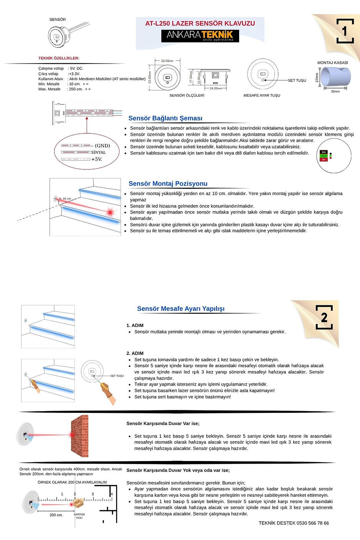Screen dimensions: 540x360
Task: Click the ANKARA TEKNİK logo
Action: point(200,36)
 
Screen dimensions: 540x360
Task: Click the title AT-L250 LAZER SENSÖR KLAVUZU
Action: point(200,23)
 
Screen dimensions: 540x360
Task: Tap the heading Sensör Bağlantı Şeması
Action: point(165,118)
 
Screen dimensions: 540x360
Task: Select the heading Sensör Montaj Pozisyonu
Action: point(168,184)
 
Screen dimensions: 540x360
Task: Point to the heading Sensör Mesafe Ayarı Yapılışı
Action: point(181,309)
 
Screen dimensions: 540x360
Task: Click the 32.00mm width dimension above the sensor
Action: point(167,61)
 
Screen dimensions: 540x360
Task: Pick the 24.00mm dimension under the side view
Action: point(216,89)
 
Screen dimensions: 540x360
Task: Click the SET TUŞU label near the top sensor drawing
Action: point(297,80)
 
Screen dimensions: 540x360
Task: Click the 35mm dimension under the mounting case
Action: point(335,91)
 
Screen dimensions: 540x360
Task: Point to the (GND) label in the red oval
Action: point(102,146)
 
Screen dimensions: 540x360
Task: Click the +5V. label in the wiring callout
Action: point(97,159)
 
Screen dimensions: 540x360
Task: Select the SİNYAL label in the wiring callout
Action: point(98,152)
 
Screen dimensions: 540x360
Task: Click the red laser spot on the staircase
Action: point(110,212)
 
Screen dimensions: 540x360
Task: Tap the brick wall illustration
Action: point(80,436)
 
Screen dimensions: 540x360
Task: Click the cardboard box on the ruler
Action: point(78,503)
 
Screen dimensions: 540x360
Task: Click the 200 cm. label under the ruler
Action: point(56,515)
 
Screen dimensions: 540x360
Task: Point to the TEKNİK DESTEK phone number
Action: point(294,523)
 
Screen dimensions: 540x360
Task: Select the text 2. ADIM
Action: point(135,353)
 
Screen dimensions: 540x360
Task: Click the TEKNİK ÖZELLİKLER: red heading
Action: point(59,58)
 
